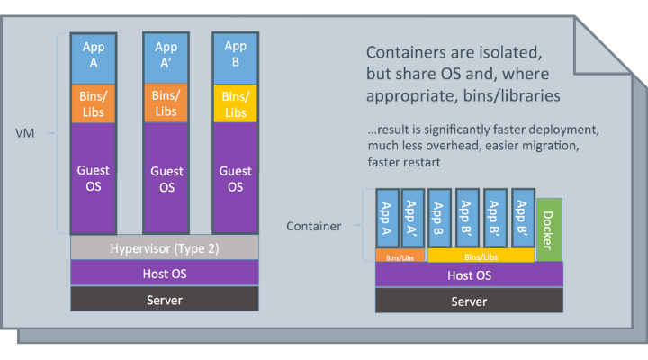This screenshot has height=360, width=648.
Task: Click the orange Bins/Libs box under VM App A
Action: [x=93, y=103]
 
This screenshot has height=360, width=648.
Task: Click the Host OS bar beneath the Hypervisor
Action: [x=165, y=273]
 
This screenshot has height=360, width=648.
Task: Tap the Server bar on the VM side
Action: [x=165, y=300]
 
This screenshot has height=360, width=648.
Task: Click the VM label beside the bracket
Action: [x=25, y=133]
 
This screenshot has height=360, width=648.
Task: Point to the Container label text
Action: [x=314, y=226]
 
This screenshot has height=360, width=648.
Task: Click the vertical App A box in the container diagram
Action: [x=388, y=218]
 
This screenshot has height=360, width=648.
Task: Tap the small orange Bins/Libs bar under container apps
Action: [x=400, y=256]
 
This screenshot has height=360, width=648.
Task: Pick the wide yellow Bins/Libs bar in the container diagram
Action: [x=481, y=256]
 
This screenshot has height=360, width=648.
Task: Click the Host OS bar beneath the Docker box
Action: [x=470, y=275]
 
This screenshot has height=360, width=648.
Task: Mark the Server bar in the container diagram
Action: [x=470, y=301]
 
